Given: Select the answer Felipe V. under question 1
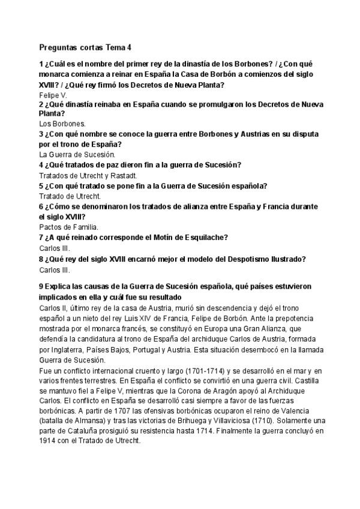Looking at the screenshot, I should pos(53,95).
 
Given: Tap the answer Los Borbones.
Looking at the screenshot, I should pos(61,124).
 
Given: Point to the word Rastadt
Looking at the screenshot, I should pos(125,176).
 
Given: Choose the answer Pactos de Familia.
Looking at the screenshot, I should pos(68,227).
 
